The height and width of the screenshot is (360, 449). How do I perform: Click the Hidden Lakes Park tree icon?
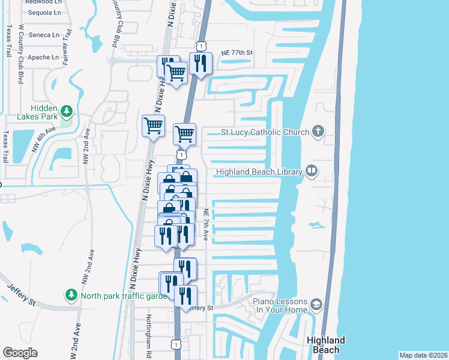click(x=67, y=111)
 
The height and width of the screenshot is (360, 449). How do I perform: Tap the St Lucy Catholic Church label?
click(x=265, y=132)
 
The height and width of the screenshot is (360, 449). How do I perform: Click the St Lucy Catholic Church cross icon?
click(x=318, y=131)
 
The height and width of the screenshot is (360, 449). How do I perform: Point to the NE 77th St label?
click(x=237, y=53)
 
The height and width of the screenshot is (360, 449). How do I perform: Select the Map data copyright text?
click(x=423, y=355)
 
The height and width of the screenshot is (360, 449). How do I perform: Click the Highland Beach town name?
click(x=326, y=344)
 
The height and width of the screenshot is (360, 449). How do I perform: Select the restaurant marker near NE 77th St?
click(x=200, y=62)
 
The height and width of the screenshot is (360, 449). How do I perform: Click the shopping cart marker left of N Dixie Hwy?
click(x=153, y=126)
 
